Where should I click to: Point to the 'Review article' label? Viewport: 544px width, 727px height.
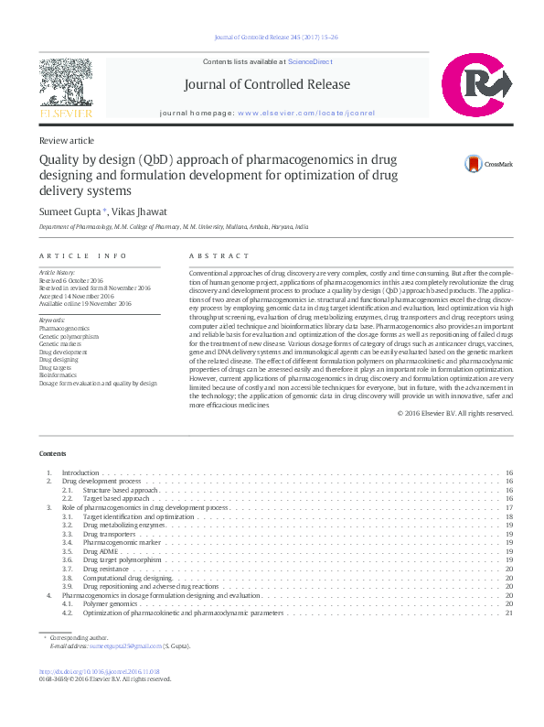pos(66,140)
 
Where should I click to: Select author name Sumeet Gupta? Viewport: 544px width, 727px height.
pos(68,211)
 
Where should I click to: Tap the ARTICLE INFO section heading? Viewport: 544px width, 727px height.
pos(83,256)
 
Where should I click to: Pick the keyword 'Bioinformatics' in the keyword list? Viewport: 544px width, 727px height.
pos(59,375)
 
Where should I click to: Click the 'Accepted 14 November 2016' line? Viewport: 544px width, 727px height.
pos(77,297)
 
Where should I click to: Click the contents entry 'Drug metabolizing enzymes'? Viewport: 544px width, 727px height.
pos(124,525)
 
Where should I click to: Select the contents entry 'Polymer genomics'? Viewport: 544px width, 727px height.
pos(109,604)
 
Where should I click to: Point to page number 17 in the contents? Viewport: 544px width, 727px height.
pos(509,507)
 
